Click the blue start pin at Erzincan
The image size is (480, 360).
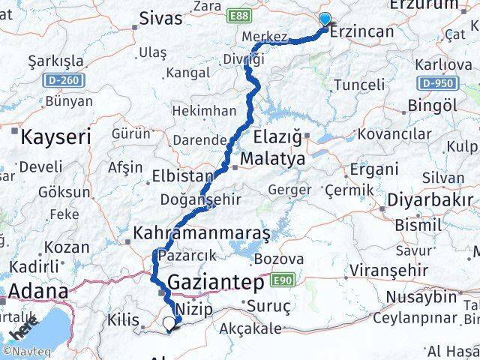tap(325, 19)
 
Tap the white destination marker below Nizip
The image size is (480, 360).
tap(171, 324)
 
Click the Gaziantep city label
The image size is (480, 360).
tap(217, 283)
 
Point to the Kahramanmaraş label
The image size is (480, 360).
tap(200, 234)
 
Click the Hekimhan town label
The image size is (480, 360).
tap(204, 110)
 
